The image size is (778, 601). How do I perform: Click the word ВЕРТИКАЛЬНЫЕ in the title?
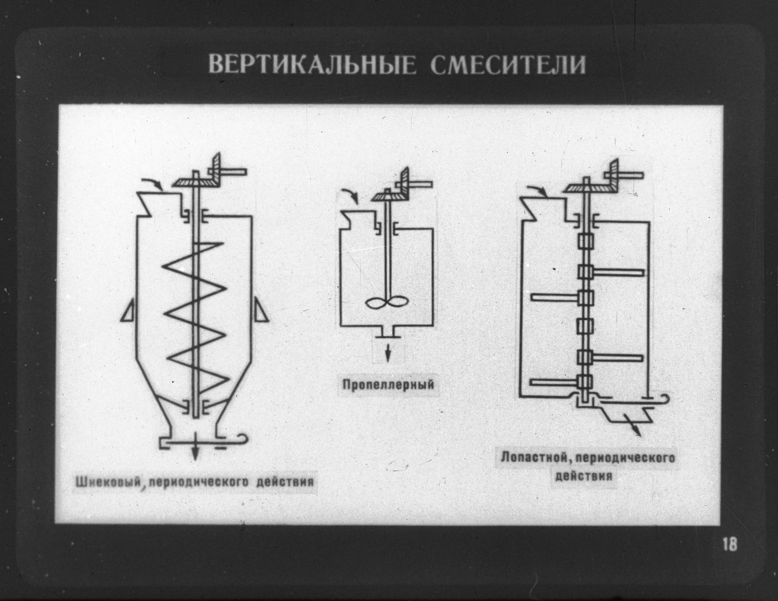click(312, 65)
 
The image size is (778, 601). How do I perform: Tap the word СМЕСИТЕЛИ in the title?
click(508, 65)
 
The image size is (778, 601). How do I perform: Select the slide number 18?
click(730, 544)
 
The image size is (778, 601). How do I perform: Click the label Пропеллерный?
click(388, 385)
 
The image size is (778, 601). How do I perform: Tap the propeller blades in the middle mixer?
click(387, 303)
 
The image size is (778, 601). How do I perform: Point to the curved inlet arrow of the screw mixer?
click(152, 183)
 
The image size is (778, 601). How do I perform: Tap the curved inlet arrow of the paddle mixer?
click(538, 191)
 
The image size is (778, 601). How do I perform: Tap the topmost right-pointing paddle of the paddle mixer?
click(621, 272)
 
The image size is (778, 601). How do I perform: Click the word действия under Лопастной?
click(584, 476)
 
